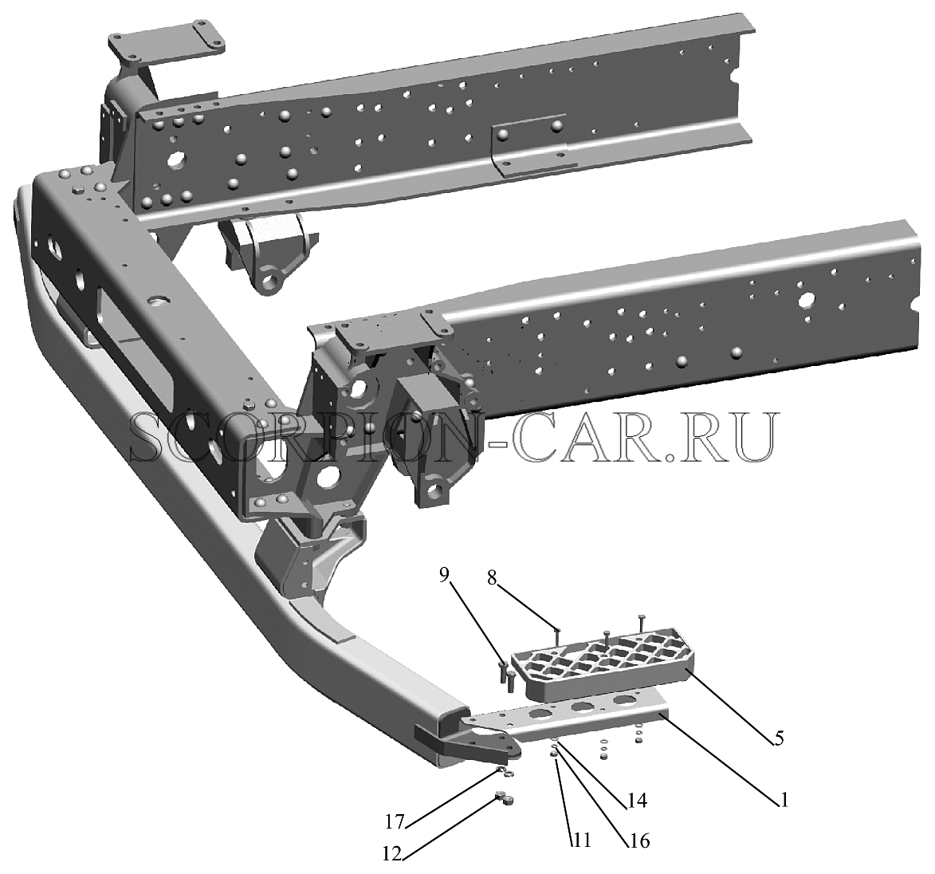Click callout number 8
pyautogui.click(x=492, y=579)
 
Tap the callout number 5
pyautogui.click(x=779, y=738)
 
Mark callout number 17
pyautogui.click(x=394, y=822)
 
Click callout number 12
pyautogui.click(x=394, y=856)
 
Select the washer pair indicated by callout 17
pyautogui.click(x=505, y=772)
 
